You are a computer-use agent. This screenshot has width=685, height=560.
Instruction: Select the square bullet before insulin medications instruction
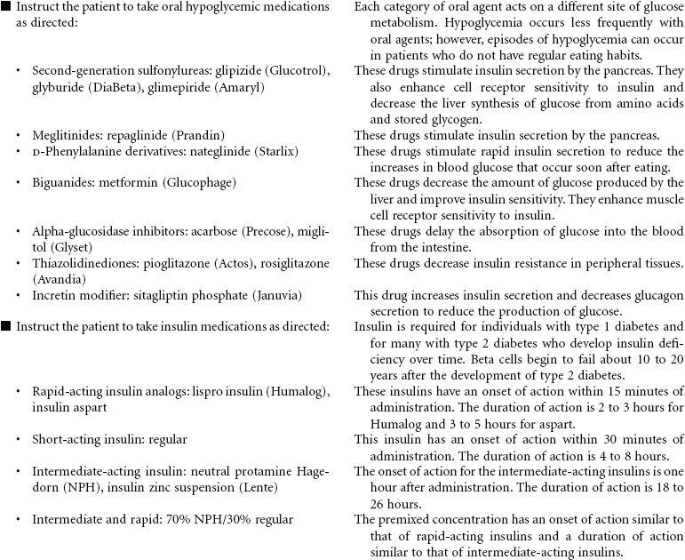[x=6, y=326]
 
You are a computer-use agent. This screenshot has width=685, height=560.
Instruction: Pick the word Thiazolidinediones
[x=84, y=263]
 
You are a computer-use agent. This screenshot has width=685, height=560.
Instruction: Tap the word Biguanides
[x=63, y=182]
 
